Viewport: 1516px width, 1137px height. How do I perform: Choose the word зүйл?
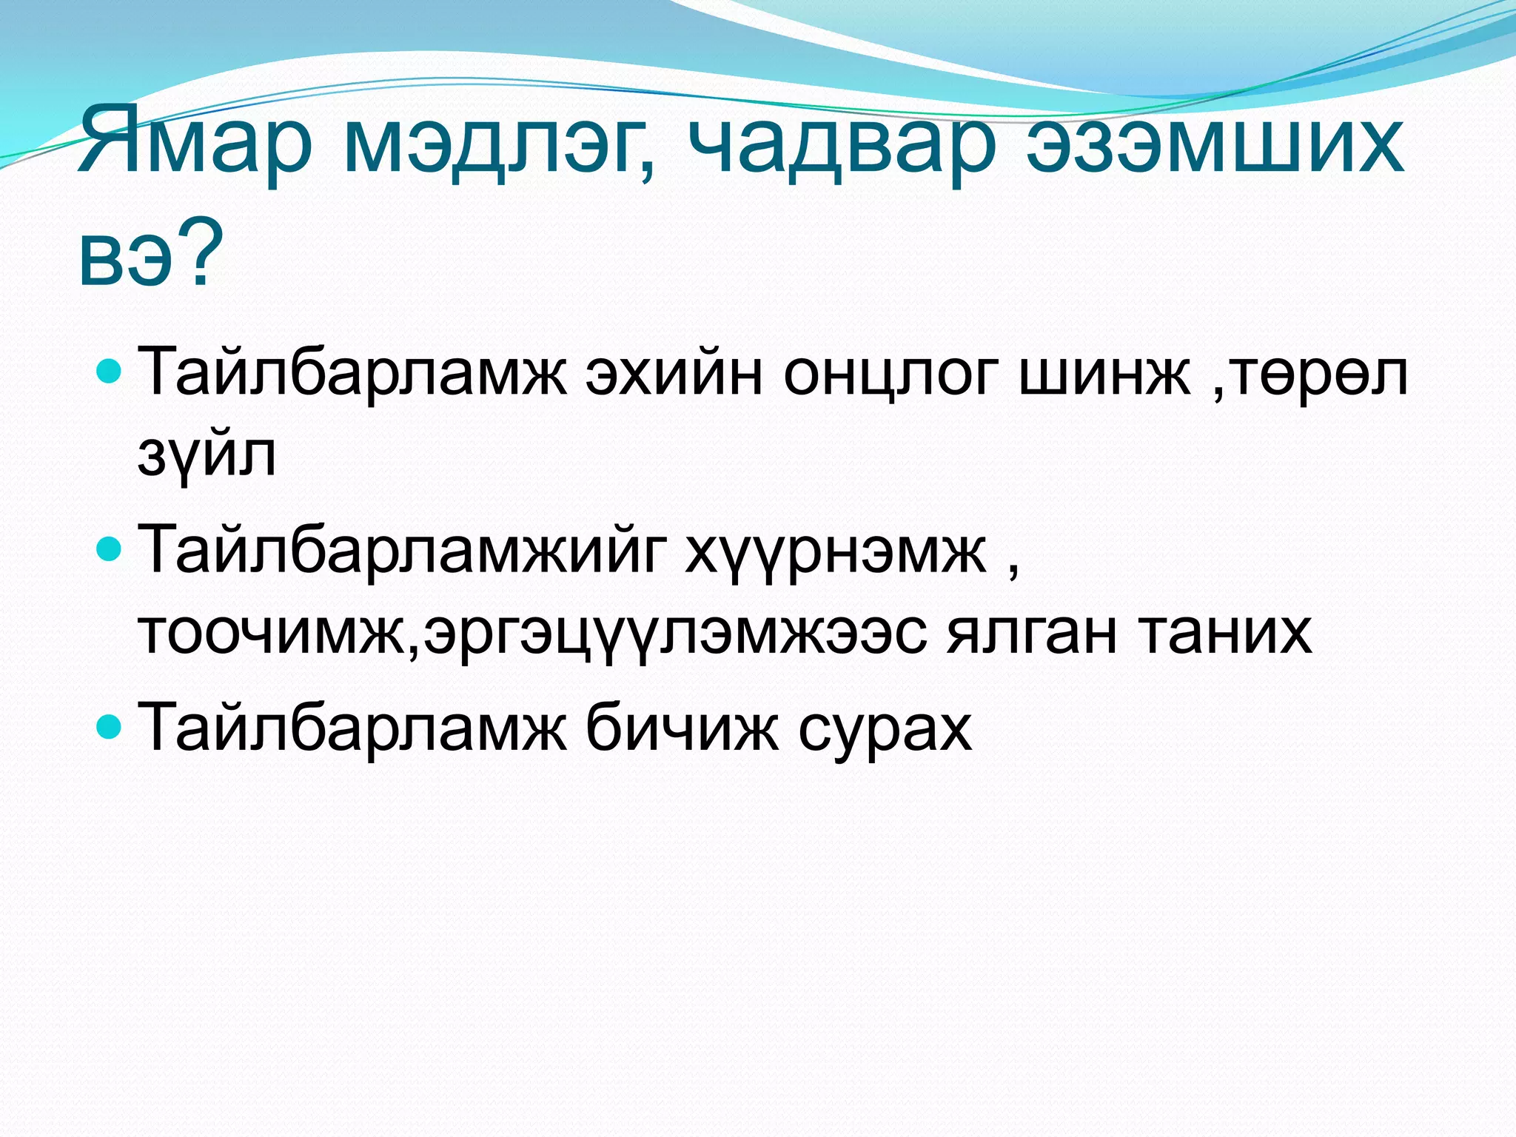click(207, 455)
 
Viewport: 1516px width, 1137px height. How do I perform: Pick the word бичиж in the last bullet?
click(682, 727)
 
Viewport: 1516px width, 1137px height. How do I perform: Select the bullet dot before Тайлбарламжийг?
click(109, 548)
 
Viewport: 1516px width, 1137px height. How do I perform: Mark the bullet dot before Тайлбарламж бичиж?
click(109, 725)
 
